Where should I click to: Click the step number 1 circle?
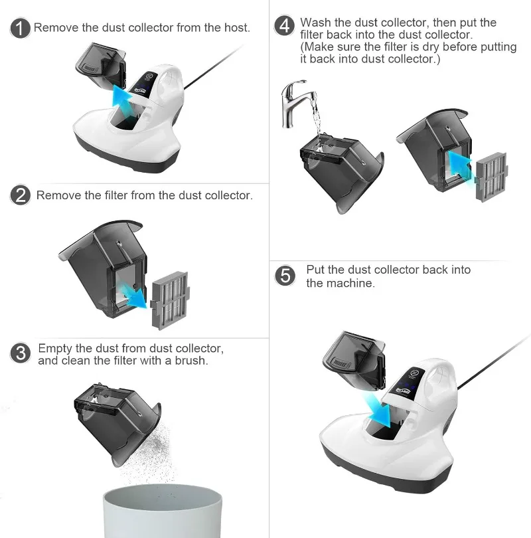pos(21,29)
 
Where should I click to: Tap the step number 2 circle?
pos(21,195)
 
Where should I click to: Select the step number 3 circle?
pos(21,353)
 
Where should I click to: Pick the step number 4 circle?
pos(284,27)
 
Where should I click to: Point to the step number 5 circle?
pos(285,275)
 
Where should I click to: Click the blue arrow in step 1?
pos(121,98)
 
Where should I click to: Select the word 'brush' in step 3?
pos(192,361)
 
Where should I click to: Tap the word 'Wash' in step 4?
pos(315,23)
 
